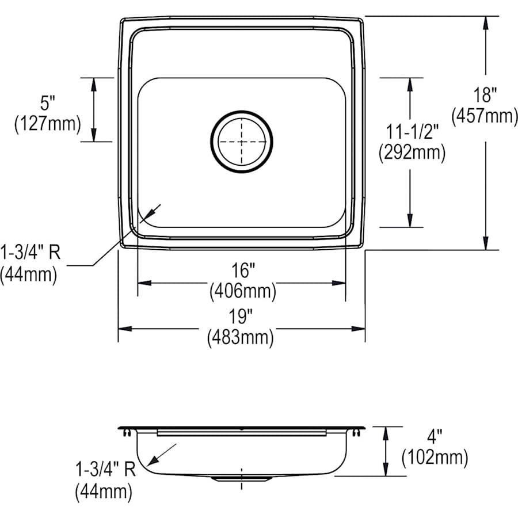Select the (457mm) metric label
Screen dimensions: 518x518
(485, 116)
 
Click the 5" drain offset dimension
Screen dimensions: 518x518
(48, 103)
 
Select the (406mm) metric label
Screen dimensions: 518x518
(242, 291)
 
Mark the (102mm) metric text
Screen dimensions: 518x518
(435, 458)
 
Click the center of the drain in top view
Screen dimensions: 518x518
(241, 141)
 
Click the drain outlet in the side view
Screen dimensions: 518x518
(241, 478)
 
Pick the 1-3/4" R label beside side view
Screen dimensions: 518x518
(104, 470)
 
